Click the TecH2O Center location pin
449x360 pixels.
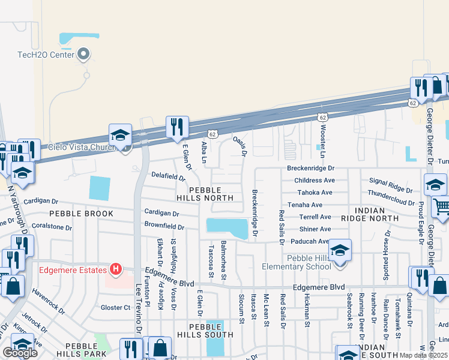point(83,55)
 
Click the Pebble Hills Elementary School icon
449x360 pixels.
point(339,250)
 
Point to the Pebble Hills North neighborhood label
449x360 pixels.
point(203,193)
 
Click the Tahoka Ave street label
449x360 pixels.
point(315,193)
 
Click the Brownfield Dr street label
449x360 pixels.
point(163,226)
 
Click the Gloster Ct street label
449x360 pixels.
point(115,308)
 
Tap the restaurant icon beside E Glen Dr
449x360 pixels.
point(176,127)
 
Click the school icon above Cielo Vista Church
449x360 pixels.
point(120,135)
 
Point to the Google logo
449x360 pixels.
point(21,353)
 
